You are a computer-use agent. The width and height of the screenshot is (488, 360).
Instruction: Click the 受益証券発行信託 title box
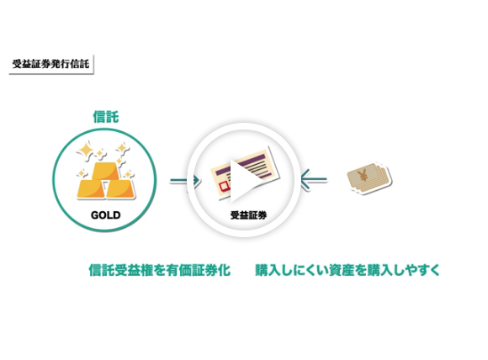[51, 65]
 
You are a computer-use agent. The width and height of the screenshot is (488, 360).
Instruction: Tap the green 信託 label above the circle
[106, 117]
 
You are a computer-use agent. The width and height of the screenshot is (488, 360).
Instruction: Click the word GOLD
[105, 215]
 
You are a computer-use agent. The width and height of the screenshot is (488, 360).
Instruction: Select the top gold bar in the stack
[106, 171]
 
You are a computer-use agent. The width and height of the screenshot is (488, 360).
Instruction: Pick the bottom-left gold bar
[89, 188]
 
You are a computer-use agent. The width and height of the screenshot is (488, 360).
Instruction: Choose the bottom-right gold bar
[120, 188]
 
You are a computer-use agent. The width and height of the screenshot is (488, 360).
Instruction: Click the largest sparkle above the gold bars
[85, 151]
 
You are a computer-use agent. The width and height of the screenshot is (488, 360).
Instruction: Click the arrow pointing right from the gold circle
[184, 180]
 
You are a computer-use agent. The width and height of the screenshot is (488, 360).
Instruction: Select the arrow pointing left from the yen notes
[314, 179]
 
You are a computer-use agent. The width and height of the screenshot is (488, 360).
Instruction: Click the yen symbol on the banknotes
[363, 176]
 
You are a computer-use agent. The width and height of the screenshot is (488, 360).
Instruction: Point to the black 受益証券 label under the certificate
[248, 215]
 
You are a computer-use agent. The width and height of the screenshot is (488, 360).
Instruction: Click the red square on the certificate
[224, 186]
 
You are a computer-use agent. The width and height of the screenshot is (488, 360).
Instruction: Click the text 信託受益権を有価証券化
[159, 270]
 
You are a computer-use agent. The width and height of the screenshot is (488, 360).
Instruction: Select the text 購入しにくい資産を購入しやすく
[347, 270]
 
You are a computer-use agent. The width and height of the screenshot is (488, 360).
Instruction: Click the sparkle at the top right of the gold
[123, 149]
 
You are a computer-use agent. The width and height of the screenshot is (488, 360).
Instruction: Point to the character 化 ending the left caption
[224, 270]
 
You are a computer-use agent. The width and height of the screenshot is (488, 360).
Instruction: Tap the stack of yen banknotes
[369, 178]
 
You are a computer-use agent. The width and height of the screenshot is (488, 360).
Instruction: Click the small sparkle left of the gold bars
[82, 173]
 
